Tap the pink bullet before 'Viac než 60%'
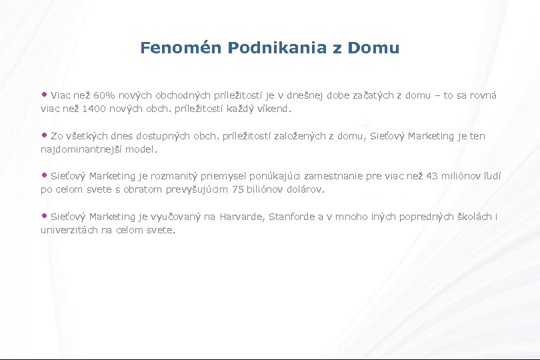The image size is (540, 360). (x=45, y=95)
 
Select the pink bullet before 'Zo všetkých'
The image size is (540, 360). (x=45, y=135)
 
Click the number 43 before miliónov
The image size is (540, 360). (x=433, y=177)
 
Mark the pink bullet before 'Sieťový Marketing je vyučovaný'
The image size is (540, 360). (x=45, y=215)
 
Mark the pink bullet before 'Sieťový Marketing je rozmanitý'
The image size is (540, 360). (x=45, y=175)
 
